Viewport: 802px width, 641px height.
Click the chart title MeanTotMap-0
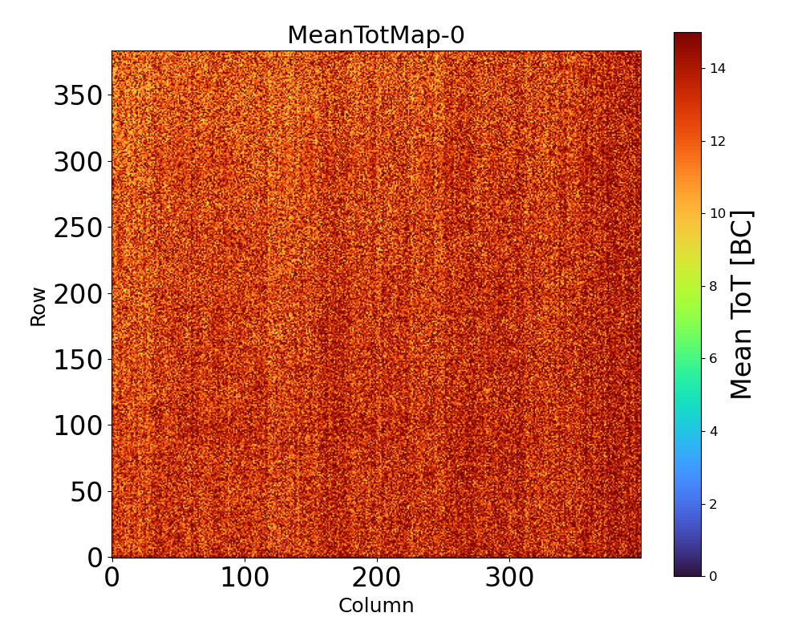tap(376, 36)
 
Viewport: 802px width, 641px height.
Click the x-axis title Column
tap(376, 606)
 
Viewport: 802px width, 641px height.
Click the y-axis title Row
tap(38, 304)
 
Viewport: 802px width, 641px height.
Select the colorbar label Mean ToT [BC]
tap(742, 304)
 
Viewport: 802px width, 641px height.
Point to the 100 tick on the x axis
tap(245, 578)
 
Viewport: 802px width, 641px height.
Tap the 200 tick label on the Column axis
tap(377, 578)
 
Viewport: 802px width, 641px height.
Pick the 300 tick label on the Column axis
tap(509, 578)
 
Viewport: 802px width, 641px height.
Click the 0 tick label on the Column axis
tap(112, 578)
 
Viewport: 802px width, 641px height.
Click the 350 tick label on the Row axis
tap(79, 96)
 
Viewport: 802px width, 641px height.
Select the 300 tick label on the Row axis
tap(79, 163)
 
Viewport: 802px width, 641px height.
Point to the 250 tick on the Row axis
tap(79, 228)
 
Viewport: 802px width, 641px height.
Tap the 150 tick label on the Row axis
tap(79, 360)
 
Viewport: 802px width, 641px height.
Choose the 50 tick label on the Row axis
tap(86, 492)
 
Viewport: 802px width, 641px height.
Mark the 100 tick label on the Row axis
tap(79, 426)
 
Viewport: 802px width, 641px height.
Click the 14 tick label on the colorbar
tap(717, 69)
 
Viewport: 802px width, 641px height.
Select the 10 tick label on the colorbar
tap(717, 214)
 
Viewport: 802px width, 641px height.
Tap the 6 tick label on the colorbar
tap(713, 359)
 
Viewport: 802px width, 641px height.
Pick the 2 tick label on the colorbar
tap(713, 504)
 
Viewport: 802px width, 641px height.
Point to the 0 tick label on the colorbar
tap(713, 576)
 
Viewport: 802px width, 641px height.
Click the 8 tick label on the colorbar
tap(713, 286)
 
